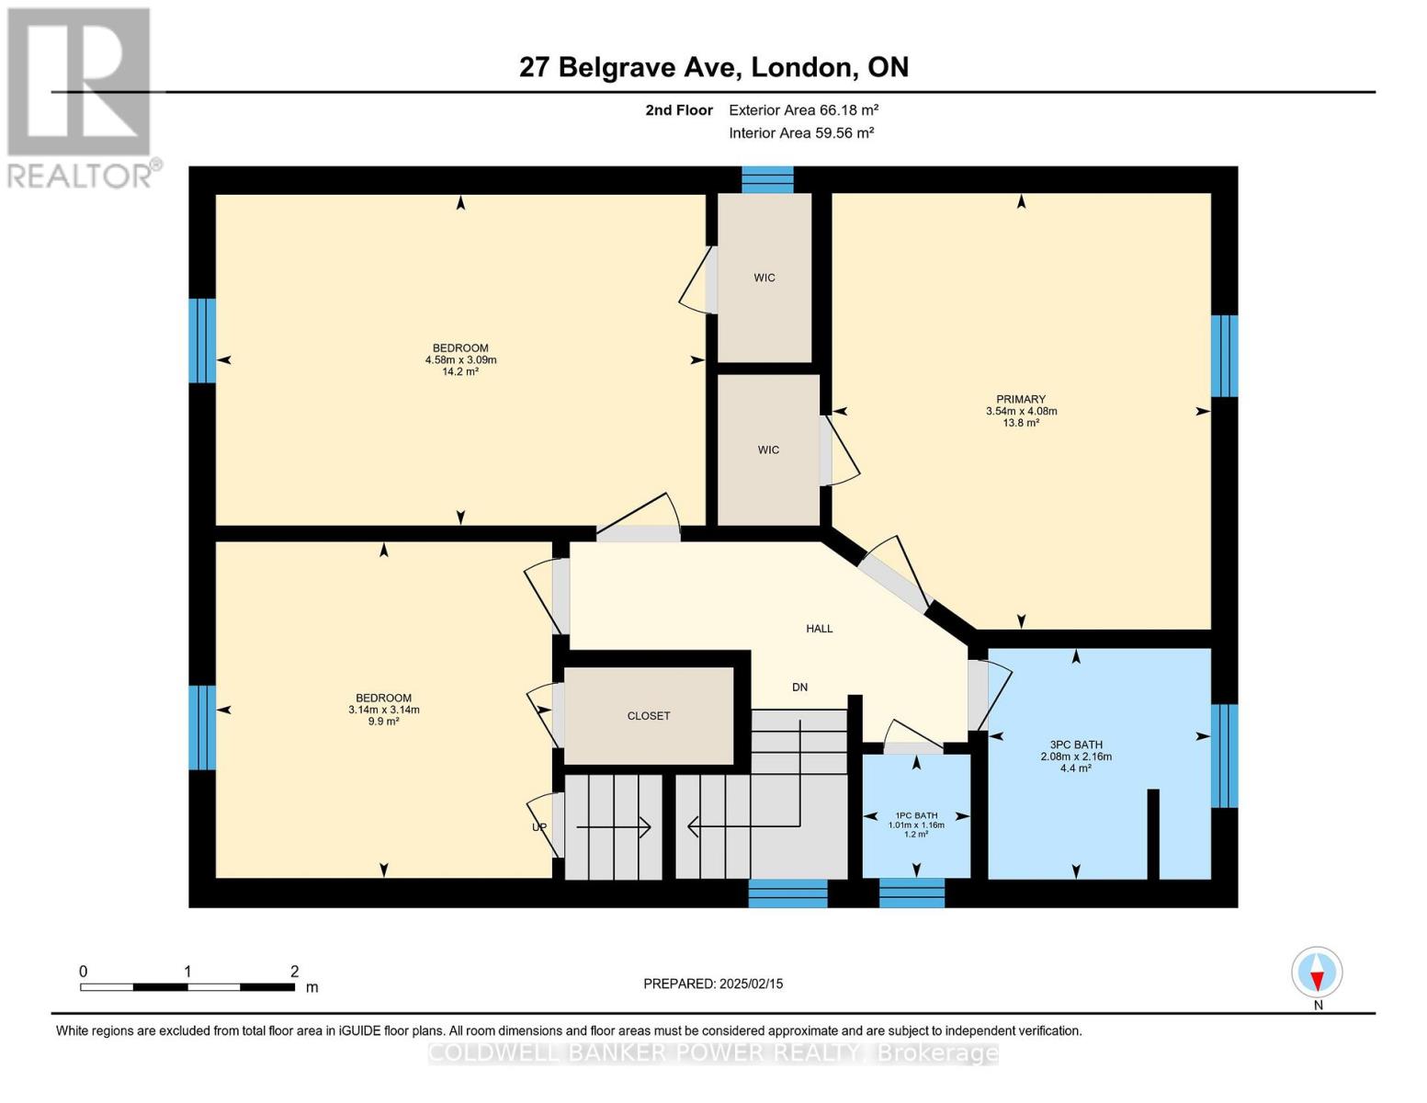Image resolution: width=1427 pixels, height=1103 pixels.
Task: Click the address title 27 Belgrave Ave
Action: (x=713, y=67)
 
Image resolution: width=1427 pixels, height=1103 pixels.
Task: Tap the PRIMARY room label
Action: (x=1021, y=399)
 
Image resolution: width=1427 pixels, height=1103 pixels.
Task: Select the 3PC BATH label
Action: (x=1076, y=745)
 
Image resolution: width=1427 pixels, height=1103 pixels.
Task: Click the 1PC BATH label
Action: (x=916, y=815)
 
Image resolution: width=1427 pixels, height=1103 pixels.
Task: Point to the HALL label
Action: (x=819, y=629)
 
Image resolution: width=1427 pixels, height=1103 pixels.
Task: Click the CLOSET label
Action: (x=649, y=716)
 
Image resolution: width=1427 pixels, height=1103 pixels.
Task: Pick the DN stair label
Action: (x=799, y=688)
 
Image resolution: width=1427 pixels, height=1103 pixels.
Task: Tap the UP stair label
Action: (x=539, y=827)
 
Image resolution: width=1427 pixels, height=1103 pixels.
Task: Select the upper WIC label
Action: (x=764, y=278)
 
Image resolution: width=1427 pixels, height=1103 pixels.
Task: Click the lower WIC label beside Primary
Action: (x=768, y=449)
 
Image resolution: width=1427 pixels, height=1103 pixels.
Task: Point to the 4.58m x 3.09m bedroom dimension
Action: (x=460, y=360)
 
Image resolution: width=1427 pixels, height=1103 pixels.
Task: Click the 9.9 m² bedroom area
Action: (x=383, y=722)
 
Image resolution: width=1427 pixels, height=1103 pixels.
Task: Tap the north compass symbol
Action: (x=1317, y=972)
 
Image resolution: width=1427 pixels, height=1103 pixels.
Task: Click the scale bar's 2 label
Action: (x=294, y=972)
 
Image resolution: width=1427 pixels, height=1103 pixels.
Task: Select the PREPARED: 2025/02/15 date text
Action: (x=713, y=984)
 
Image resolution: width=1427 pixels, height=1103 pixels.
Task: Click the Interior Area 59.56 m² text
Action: (x=801, y=132)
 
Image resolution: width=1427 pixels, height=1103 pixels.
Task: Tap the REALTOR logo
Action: (x=81, y=97)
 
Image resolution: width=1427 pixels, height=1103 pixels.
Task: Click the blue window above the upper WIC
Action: (x=767, y=179)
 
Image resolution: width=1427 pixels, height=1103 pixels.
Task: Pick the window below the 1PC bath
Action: (x=912, y=893)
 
